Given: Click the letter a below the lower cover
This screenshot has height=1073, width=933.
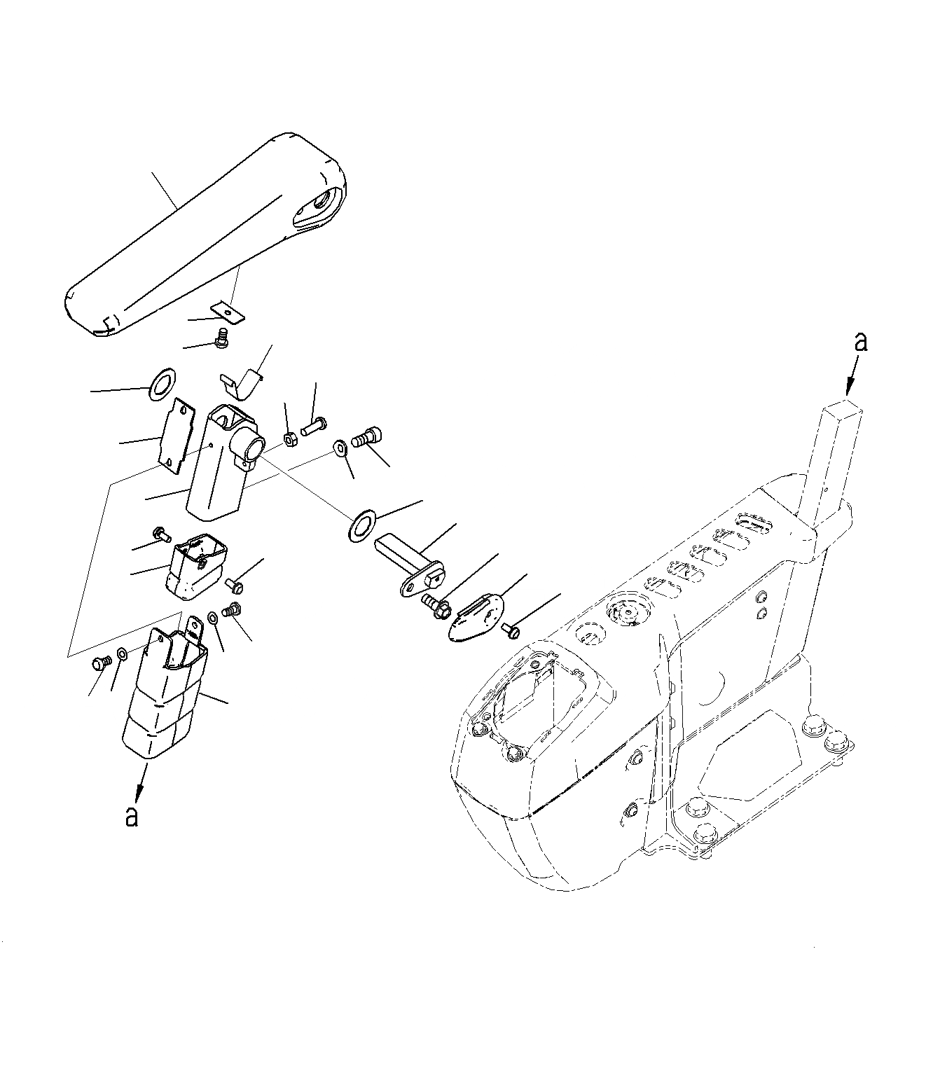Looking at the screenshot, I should [x=131, y=816].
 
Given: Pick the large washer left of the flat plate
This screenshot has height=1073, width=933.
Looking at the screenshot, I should [x=162, y=385].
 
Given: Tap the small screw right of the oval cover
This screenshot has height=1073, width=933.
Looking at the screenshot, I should [x=511, y=631].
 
